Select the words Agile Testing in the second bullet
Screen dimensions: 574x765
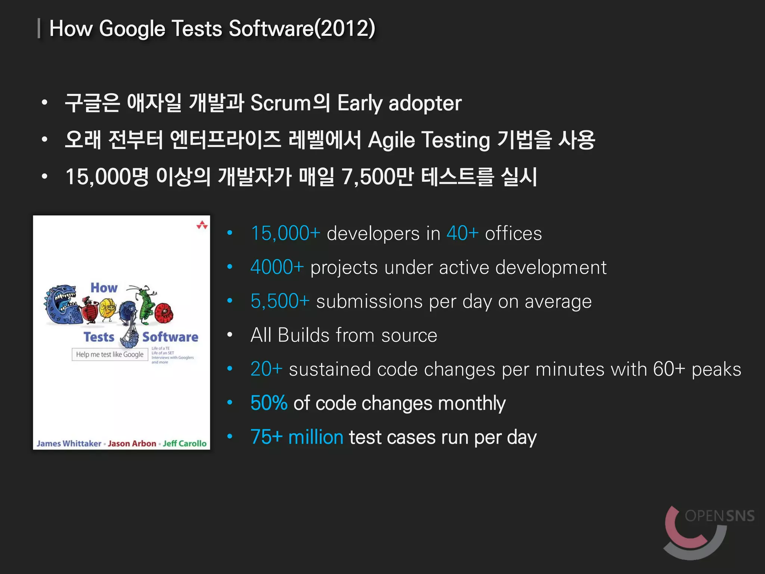click(x=429, y=140)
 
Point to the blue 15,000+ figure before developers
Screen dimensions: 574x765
click(x=285, y=234)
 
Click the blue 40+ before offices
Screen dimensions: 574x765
click(x=462, y=234)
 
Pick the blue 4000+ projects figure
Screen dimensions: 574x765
click(x=277, y=268)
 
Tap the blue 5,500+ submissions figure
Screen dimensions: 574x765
click(x=280, y=301)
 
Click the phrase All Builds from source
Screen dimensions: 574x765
click(x=344, y=335)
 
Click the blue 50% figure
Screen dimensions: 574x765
click(x=269, y=403)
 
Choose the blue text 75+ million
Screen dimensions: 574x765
click(x=297, y=437)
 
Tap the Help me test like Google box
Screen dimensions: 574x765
click(x=110, y=355)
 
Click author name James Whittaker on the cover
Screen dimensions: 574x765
click(x=69, y=444)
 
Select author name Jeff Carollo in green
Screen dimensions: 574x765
click(x=185, y=444)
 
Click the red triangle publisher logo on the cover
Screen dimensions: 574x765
click(x=202, y=225)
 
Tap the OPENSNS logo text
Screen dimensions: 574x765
click(x=719, y=516)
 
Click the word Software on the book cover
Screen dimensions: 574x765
click(x=170, y=337)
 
